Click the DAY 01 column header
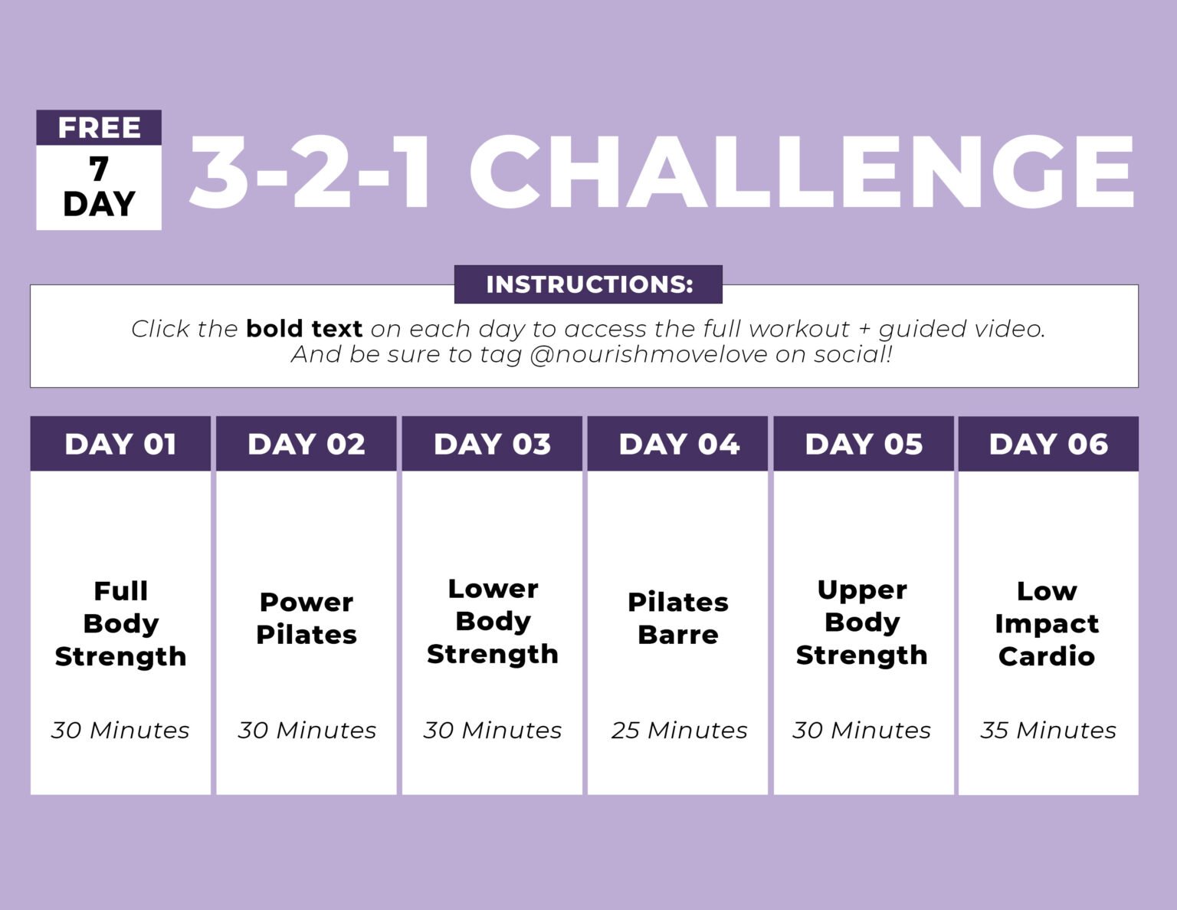[x=120, y=444]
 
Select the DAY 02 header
[x=307, y=444]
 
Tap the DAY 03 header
[x=492, y=444]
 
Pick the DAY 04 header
[x=678, y=444]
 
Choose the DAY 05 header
[x=864, y=444]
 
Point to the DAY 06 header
[x=1048, y=444]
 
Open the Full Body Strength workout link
[x=120, y=623]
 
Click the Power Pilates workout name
[x=307, y=618]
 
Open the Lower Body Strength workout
[x=492, y=621]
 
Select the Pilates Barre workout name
[x=678, y=618]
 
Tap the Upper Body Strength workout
[x=862, y=622]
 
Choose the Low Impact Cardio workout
[x=1047, y=623]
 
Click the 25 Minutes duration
[x=679, y=730]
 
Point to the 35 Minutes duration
[x=1048, y=730]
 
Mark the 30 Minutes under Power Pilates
[x=307, y=730]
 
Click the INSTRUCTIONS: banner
[x=588, y=284]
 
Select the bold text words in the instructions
[x=304, y=329]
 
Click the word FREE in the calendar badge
[x=99, y=127]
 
